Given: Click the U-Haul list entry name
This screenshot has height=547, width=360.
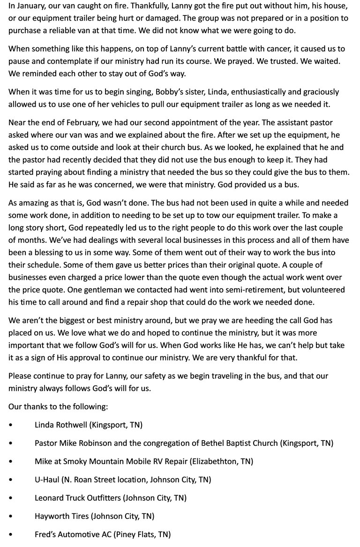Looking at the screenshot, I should [x=46, y=480].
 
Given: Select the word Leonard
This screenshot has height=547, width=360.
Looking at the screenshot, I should [x=49, y=498].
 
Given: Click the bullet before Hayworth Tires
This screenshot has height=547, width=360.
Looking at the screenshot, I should [x=11, y=516].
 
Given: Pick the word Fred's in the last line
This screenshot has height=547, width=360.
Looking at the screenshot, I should [x=45, y=534].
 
